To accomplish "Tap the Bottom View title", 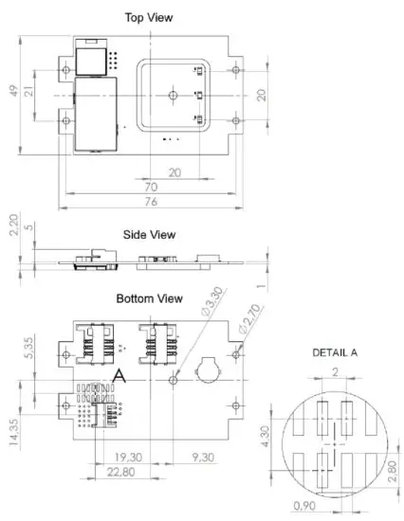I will pos(149,298).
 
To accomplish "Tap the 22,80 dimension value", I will pos(119,472).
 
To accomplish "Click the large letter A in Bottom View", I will pos(119,376).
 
